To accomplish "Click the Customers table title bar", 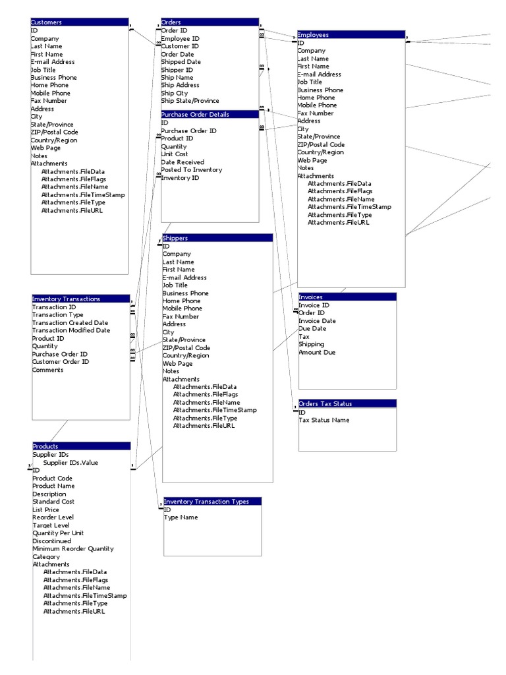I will click(79, 22).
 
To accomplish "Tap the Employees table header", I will click(351, 34).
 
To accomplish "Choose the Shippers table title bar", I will click(217, 238).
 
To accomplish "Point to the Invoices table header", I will click(347, 297).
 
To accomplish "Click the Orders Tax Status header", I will click(347, 403).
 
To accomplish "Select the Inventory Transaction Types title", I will click(212, 502).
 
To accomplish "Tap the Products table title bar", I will click(81, 446).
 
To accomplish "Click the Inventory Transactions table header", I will click(80, 299).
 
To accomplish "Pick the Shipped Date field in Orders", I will click(181, 62).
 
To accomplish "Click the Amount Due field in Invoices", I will click(318, 353).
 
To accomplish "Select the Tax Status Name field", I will click(324, 421).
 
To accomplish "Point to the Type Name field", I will click(181, 517).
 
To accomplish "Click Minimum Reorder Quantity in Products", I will click(73, 548).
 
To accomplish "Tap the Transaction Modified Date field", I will click(71, 330).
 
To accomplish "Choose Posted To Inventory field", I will click(192, 170).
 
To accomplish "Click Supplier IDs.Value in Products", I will click(70, 463).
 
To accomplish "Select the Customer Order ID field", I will click(61, 362).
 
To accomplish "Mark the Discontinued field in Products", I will click(52, 541).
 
